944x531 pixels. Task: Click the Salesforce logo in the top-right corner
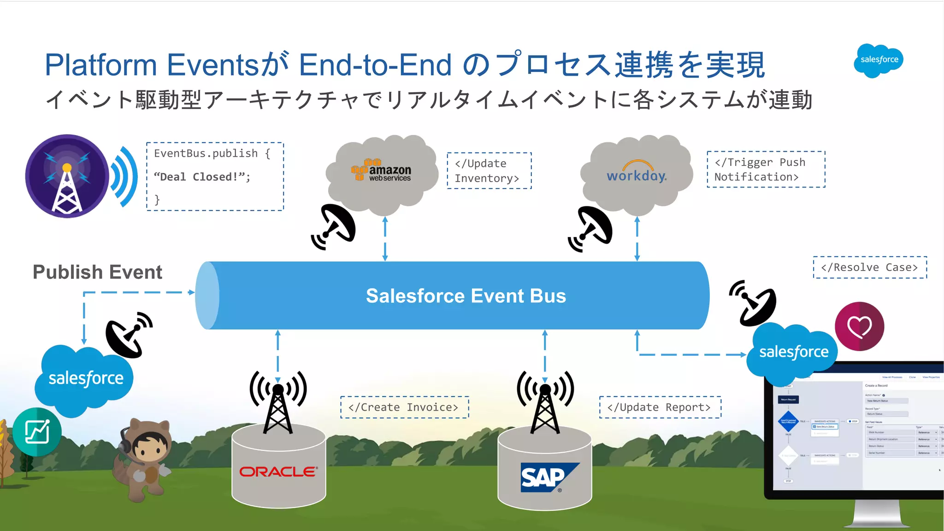pos(879,60)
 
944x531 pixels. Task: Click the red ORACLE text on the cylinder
pos(278,472)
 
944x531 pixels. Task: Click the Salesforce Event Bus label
pos(466,296)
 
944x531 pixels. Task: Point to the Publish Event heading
pos(97,272)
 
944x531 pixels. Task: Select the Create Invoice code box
pos(404,407)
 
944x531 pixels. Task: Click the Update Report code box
pos(660,407)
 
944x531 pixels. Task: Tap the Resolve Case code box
pos(870,268)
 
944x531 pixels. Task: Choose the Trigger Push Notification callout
pos(766,170)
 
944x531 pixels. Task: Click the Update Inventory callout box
pos(489,171)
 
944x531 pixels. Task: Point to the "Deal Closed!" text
pos(202,177)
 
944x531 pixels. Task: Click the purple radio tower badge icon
pos(67,176)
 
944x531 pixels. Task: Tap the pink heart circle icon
pos(859,327)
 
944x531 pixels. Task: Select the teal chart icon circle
pos(37,432)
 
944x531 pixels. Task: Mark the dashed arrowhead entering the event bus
pos(192,292)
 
